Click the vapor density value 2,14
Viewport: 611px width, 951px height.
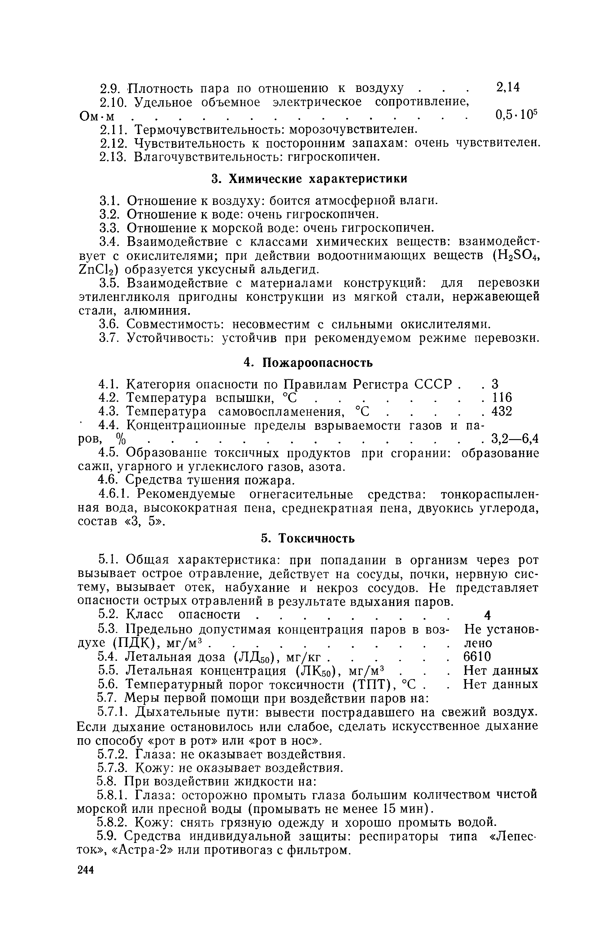point(508,87)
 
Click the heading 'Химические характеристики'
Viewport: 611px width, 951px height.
point(309,179)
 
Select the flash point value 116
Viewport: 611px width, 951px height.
point(502,398)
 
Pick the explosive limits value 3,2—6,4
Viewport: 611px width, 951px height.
point(515,439)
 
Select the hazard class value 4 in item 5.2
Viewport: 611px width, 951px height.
point(488,615)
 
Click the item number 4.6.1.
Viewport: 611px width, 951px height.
point(111,495)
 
